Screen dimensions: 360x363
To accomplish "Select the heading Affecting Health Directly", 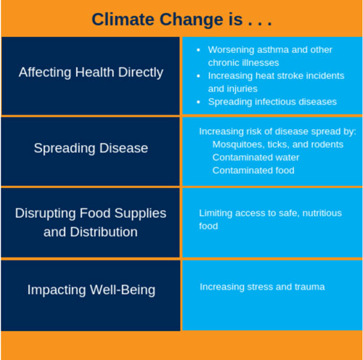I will pyautogui.click(x=91, y=73).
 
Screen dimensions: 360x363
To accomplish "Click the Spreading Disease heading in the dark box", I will pyautogui.click(x=91, y=148).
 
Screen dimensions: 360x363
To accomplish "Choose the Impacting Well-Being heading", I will pyautogui.click(x=91, y=290).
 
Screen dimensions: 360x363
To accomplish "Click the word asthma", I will pyautogui.click(x=269, y=49).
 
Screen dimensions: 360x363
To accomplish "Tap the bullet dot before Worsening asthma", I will pyautogui.click(x=199, y=49).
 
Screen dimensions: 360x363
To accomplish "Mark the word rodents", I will pyautogui.click(x=326, y=144).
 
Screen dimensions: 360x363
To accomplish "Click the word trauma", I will pyautogui.click(x=309, y=287).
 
